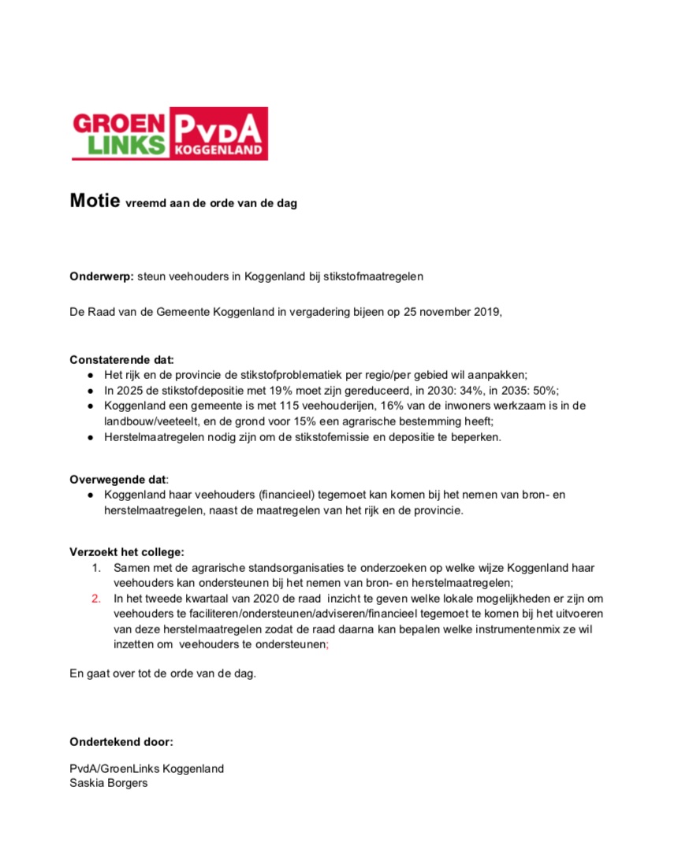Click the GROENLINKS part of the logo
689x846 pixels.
pos(119,133)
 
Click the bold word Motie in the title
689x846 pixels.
pos(94,200)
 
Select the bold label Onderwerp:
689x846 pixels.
pos(101,276)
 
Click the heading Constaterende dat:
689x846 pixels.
pos(121,360)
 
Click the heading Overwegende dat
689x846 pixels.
pos(118,479)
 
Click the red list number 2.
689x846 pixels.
pos(96,598)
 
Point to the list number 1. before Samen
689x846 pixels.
pos(96,567)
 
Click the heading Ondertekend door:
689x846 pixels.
pos(121,741)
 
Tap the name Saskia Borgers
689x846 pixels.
pos(109,783)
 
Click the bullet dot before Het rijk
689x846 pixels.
pos(91,376)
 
